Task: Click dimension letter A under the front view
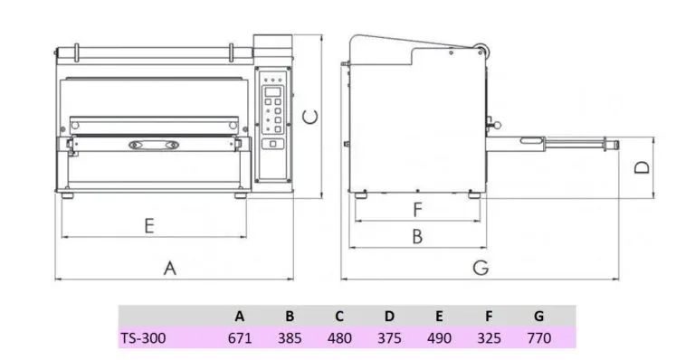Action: pyautogui.click(x=168, y=267)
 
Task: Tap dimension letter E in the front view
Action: pyautogui.click(x=150, y=225)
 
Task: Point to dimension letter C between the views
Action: pyautogui.click(x=309, y=116)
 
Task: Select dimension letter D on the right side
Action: pyautogui.click(x=641, y=167)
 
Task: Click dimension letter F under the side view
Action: pyautogui.click(x=417, y=210)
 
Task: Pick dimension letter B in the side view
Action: pyautogui.click(x=417, y=237)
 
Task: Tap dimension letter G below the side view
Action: pyautogui.click(x=481, y=267)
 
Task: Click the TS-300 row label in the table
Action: pyautogui.click(x=143, y=339)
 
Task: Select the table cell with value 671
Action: pyautogui.click(x=240, y=339)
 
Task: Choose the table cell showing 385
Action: pyautogui.click(x=290, y=339)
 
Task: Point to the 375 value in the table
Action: pyautogui.click(x=389, y=339)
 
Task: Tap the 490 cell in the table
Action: pyautogui.click(x=439, y=339)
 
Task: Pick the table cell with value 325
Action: pyautogui.click(x=489, y=339)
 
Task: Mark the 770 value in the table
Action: pyautogui.click(x=538, y=339)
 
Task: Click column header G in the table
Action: pyautogui.click(x=538, y=316)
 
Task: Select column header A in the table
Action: pyautogui.click(x=240, y=316)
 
